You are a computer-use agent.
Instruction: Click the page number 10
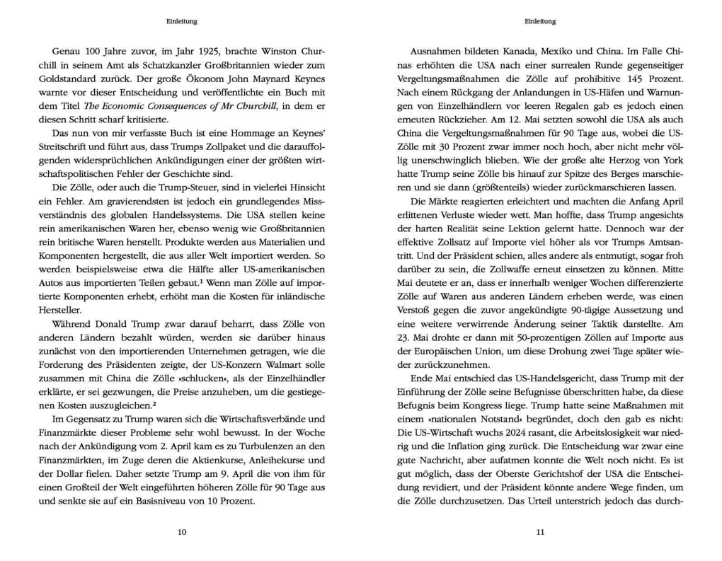[x=182, y=532]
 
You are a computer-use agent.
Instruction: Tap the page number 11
[x=540, y=532]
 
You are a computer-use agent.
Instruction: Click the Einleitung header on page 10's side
[x=182, y=21]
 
